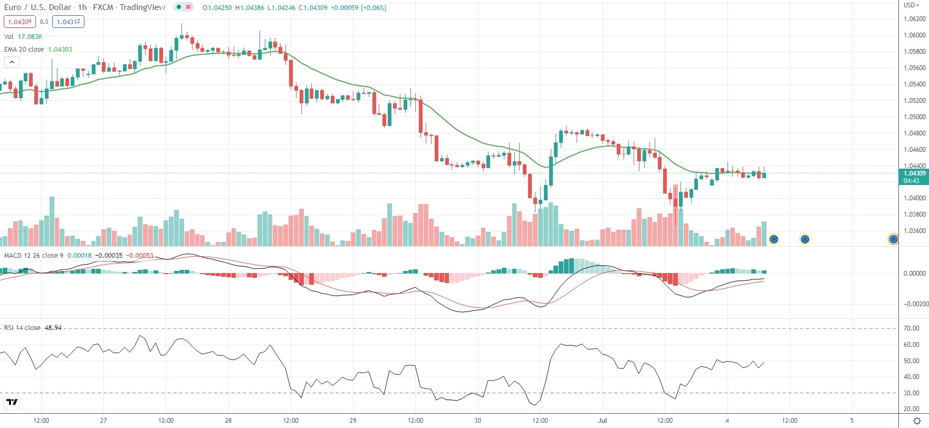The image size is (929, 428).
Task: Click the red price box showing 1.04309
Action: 19,22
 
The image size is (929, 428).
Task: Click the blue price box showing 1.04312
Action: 68,22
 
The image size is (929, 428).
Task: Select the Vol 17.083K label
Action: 23,36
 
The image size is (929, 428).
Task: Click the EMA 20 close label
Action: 24,49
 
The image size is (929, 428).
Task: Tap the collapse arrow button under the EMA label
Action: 12,62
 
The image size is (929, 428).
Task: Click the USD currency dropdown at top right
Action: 912,5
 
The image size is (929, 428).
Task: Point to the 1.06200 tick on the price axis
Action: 914,19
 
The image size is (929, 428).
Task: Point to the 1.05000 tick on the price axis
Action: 914,117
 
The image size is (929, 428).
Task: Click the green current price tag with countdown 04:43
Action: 913,177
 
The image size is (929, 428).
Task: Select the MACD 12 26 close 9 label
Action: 34,256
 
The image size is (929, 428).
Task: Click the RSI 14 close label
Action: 22,328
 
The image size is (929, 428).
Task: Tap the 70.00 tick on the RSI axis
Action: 912,328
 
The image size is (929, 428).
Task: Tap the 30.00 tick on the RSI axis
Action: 912,393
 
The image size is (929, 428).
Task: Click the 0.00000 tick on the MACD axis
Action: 914,274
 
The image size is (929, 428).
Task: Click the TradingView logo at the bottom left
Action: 12,402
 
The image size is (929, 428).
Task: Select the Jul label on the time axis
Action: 602,421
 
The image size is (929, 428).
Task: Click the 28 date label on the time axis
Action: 228,421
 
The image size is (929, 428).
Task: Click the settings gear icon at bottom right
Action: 917,421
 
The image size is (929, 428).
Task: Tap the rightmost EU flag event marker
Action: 893,239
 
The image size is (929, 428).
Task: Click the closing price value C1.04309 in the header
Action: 313,8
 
